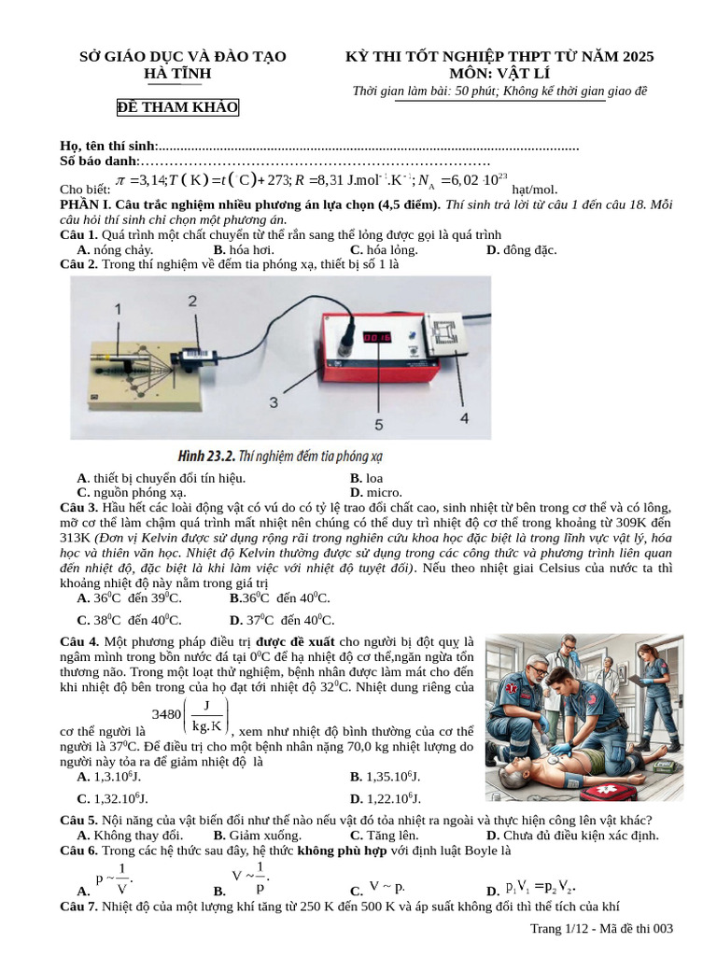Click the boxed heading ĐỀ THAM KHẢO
(177, 107)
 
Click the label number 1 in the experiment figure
(118, 308)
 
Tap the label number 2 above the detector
(191, 301)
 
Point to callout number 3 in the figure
(274, 401)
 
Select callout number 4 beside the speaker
(464, 418)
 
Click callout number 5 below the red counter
(378, 424)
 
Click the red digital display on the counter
(376, 337)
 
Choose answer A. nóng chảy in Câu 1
(116, 250)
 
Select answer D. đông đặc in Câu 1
(521, 250)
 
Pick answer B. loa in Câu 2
(366, 478)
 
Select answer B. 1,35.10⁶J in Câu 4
(385, 776)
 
